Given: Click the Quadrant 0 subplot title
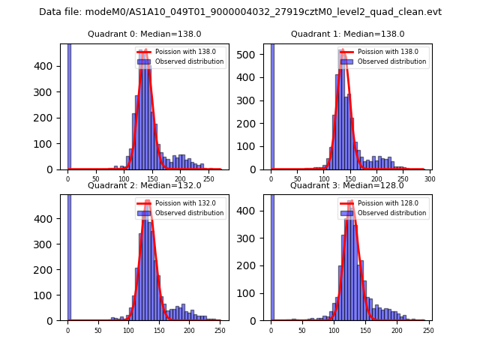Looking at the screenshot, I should pyautogui.click(x=144, y=34).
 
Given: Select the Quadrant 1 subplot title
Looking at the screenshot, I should pyautogui.click(x=347, y=34).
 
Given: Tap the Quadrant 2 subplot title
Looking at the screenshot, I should pyautogui.click(x=144, y=185).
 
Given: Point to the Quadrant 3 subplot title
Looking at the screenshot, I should pyautogui.click(x=347, y=185).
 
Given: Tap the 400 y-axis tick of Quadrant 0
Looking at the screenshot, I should pyautogui.click(x=51, y=66).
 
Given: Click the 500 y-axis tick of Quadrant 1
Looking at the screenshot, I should pyautogui.click(x=254, y=53).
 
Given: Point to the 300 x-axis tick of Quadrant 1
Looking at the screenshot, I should pyautogui.click(x=430, y=179).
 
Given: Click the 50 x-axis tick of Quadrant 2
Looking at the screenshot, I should pyautogui.click(x=98, y=330).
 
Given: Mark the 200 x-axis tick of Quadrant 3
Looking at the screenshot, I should pyautogui.click(x=396, y=330).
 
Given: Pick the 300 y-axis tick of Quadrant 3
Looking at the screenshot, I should pyautogui.click(x=254, y=238).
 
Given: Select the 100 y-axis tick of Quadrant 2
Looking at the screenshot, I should pyautogui.click(x=51, y=295).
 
